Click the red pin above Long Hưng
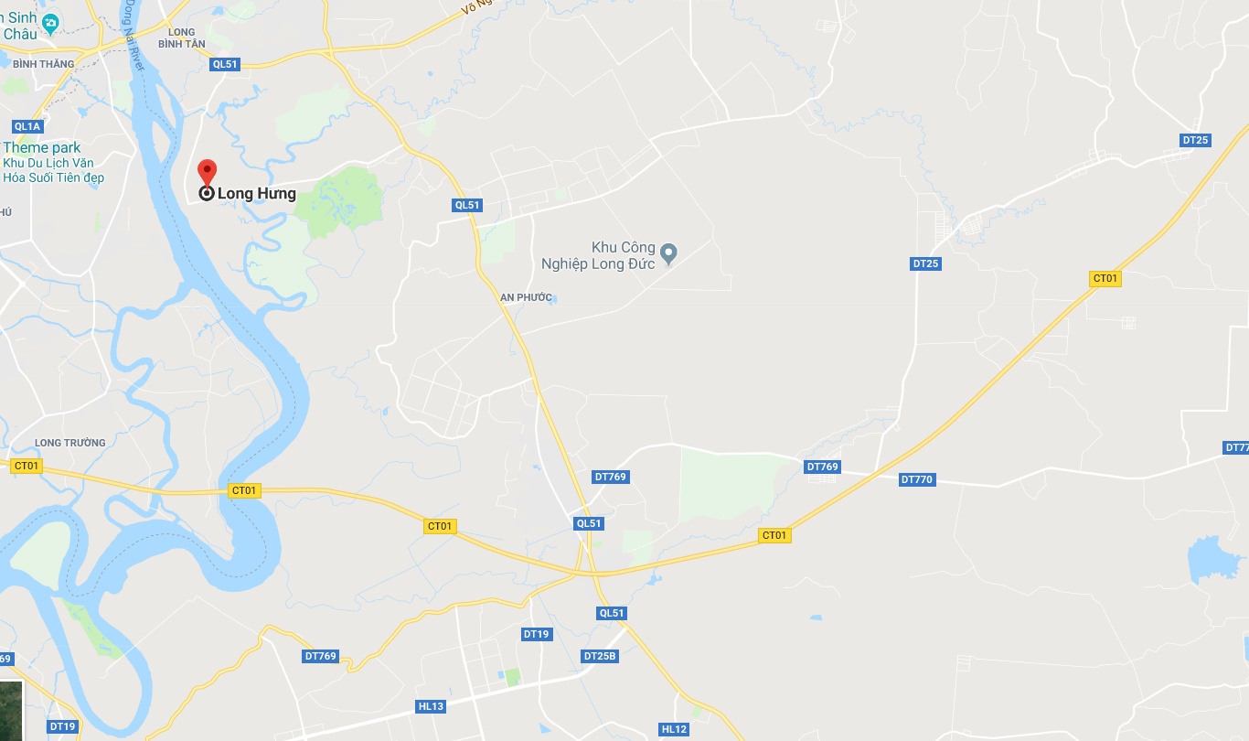click(208, 171)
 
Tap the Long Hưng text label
click(257, 194)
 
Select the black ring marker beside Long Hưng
click(207, 193)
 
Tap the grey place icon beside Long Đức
click(668, 252)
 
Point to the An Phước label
click(526, 297)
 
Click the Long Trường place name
click(70, 443)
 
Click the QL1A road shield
click(27, 126)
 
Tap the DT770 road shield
click(917, 479)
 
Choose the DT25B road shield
click(600, 656)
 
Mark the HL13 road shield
click(431, 706)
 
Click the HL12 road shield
click(673, 729)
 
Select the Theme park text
click(42, 147)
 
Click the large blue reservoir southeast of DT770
click(1213, 560)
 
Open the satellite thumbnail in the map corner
click(11, 710)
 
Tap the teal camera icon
click(51, 23)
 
